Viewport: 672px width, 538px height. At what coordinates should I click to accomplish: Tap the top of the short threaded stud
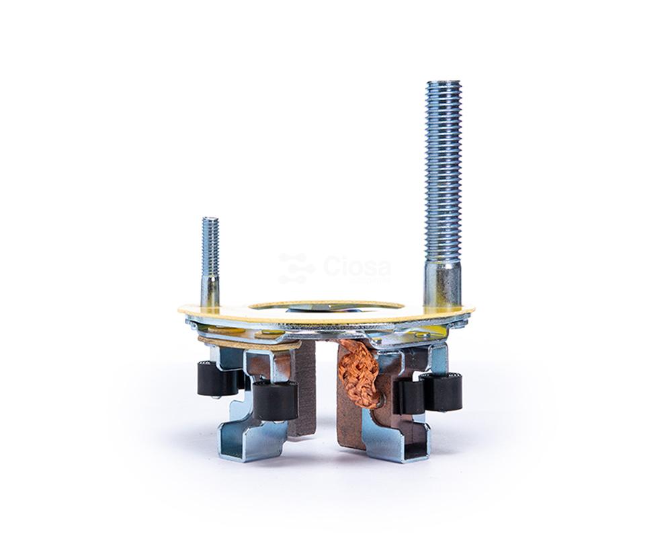(x=210, y=219)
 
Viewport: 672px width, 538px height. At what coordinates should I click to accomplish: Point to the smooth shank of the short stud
(x=210, y=292)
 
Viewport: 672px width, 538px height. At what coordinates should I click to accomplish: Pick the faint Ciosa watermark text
(x=357, y=266)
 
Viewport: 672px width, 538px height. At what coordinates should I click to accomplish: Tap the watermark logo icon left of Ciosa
(x=296, y=268)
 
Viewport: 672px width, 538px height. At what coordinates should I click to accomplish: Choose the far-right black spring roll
(x=442, y=391)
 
